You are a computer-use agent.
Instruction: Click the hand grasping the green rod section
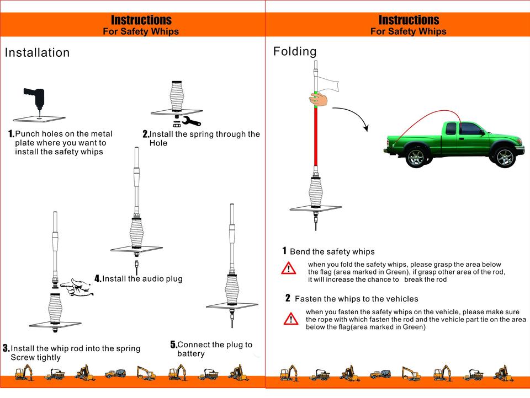pos(319,99)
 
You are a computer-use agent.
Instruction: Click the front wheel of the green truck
pos(505,157)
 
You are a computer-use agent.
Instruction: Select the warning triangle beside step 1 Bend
pos(288,268)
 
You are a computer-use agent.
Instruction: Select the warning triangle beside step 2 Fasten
pos(291,319)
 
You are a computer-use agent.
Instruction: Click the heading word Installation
pos(38,53)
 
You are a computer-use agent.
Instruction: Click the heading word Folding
pos(295,51)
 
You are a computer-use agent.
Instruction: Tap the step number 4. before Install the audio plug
pos(98,279)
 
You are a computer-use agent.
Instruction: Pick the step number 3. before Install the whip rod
pos(6,348)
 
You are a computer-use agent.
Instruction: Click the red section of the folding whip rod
pos(316,138)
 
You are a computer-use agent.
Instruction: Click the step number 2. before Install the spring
pos(146,134)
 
